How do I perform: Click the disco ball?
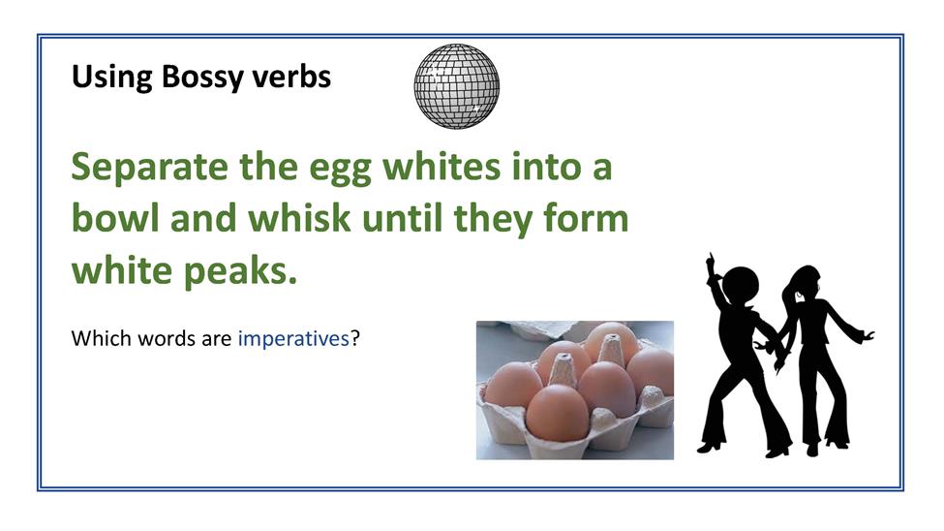[x=456, y=86]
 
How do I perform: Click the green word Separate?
[x=149, y=168]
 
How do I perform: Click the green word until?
[x=402, y=218]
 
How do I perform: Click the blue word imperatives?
[x=293, y=339]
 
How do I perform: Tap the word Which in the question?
[x=101, y=338]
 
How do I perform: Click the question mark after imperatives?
[x=355, y=338]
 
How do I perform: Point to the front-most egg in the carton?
[x=558, y=413]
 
